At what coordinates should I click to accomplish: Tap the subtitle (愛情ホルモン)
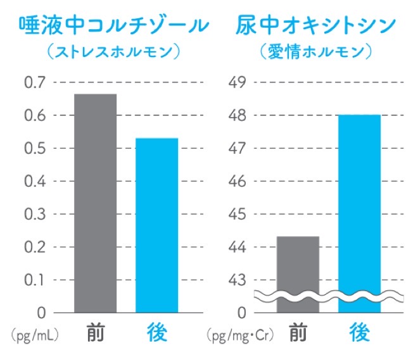point(315,52)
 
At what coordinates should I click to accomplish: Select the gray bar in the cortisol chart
point(95,202)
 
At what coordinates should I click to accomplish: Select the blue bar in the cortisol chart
point(157,225)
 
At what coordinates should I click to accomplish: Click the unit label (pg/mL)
point(30,333)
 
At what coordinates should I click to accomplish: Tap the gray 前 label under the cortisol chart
point(96,332)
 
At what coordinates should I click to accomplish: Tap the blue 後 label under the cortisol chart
point(157,332)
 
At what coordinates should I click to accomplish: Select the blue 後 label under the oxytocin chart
point(359,332)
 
